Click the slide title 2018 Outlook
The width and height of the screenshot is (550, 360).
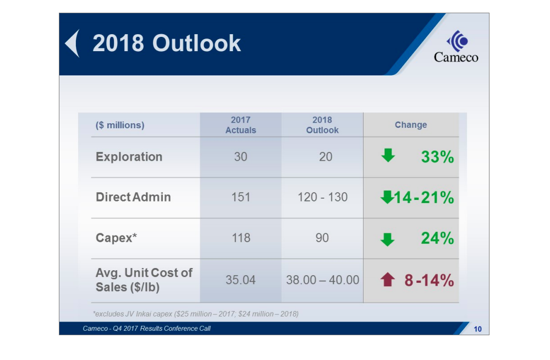click(166, 43)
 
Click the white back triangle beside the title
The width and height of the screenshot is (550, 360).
click(73, 43)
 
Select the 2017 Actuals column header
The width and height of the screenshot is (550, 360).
click(240, 125)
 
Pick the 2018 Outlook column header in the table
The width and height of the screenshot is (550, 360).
click(322, 125)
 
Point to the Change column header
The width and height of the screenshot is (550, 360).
click(411, 125)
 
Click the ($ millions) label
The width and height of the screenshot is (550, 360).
click(120, 125)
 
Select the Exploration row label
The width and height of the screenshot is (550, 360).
click(129, 157)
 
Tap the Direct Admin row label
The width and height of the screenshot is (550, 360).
click(133, 197)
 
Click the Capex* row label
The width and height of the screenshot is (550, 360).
click(116, 238)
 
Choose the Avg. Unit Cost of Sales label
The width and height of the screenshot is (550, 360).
click(144, 280)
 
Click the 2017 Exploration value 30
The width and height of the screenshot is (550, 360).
click(240, 157)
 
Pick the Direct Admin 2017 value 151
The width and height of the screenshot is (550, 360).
click(240, 197)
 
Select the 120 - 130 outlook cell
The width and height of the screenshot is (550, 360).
click(322, 197)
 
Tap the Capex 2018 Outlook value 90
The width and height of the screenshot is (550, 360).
click(322, 238)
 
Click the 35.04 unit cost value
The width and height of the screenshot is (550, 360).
click(240, 280)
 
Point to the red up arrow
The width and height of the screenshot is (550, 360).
click(388, 280)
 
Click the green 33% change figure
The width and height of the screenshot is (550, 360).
click(437, 157)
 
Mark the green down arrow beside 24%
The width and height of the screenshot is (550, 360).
click(388, 239)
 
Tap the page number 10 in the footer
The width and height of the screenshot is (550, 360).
click(477, 329)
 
